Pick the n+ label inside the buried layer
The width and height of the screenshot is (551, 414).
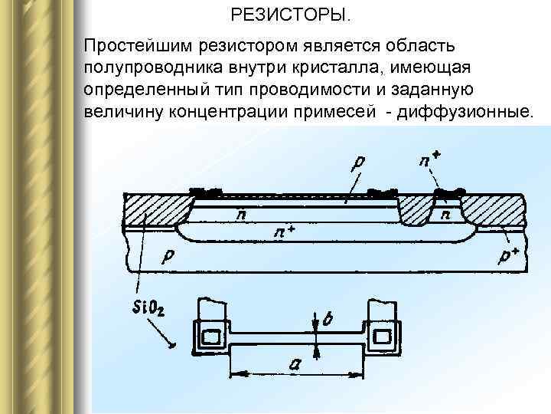(x=285, y=231)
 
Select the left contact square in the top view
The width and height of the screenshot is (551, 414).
(x=210, y=335)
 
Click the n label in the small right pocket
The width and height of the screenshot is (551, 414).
(x=446, y=215)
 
